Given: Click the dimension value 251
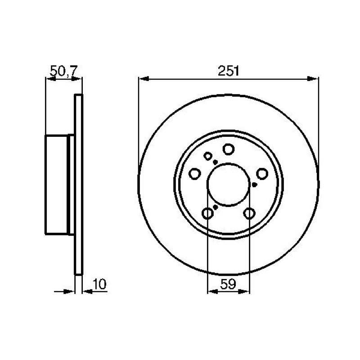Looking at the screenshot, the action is [229, 71].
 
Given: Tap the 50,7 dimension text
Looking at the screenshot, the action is [64, 71].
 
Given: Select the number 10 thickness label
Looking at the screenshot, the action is [99, 284].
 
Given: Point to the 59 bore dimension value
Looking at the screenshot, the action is [228, 284].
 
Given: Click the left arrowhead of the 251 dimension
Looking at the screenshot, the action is [144, 79].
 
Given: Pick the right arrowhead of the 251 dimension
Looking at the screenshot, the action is [313, 79].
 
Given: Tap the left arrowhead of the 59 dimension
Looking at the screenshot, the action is [213, 291].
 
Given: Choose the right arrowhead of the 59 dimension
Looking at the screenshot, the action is [244, 291].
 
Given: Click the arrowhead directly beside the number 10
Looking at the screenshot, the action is [87, 291].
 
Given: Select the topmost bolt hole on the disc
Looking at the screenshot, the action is [229, 149].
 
